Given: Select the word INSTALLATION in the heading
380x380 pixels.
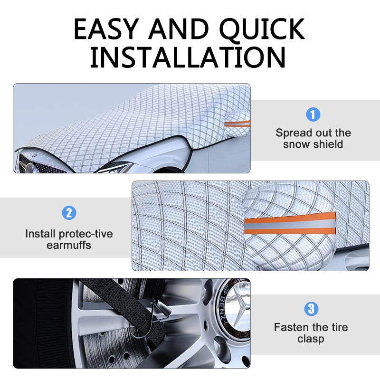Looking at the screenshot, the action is point(188,57).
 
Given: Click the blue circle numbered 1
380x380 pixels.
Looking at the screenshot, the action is point(313,114).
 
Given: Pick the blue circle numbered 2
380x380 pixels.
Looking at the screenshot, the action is point(69,213).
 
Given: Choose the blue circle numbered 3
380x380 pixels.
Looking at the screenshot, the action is point(311,309).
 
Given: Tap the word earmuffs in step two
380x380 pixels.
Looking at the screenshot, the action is point(69,245).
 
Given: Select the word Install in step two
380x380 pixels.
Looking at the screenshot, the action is point(41,234).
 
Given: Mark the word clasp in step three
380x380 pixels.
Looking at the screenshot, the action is point(311,339).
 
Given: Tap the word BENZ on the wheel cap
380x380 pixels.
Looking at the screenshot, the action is point(223,308).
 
